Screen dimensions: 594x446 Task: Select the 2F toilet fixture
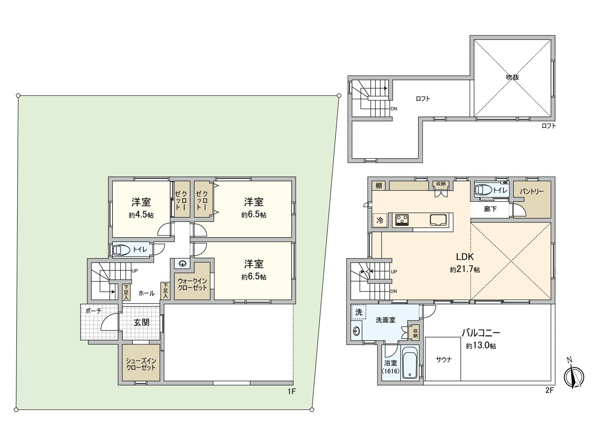pyautogui.click(x=483, y=190)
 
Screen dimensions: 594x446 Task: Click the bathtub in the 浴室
pyautogui.click(x=410, y=363)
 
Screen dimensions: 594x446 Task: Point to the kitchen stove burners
pyautogui.click(x=402, y=220)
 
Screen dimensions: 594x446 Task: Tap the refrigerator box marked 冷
pyautogui.click(x=380, y=220)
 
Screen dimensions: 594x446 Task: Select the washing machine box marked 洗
pyautogui.click(x=359, y=312)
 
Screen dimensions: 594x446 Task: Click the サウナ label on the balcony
pyautogui.click(x=444, y=360)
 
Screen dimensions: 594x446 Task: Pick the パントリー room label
pyautogui.click(x=532, y=192)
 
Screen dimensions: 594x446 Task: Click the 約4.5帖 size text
pyautogui.click(x=141, y=215)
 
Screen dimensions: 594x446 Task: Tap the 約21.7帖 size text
pyautogui.click(x=465, y=269)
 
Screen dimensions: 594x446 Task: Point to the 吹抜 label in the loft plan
pyautogui.click(x=513, y=77)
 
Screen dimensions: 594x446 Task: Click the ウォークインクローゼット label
pyautogui.click(x=192, y=284)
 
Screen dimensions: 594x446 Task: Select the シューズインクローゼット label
pyautogui.click(x=141, y=364)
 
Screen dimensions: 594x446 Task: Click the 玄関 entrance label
pyautogui.click(x=141, y=323)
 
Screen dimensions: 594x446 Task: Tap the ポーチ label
pyautogui.click(x=93, y=311)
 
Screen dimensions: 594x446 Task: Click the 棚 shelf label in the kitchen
pyautogui.click(x=379, y=186)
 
